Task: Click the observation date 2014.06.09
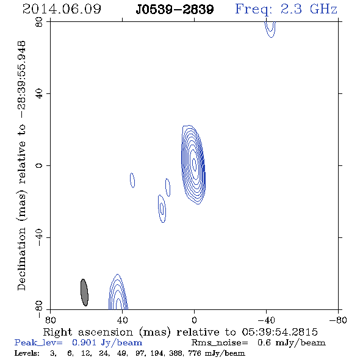click(x=62, y=9)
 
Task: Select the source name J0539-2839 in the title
click(x=175, y=10)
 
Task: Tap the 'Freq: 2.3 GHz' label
click(x=286, y=9)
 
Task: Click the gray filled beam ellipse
click(x=84, y=292)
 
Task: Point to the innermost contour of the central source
click(x=195, y=164)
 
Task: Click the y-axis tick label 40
click(x=39, y=94)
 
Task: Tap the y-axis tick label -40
click(x=39, y=237)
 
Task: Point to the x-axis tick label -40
click(x=266, y=320)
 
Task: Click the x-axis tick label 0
click(x=194, y=320)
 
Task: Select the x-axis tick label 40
click(x=122, y=320)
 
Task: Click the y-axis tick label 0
click(x=39, y=165)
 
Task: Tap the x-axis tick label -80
click(x=338, y=320)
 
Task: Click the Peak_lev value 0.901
click(x=84, y=342)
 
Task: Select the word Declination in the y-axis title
click(x=21, y=259)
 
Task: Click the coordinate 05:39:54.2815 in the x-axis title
click(x=279, y=332)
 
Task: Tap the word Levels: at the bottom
click(x=27, y=353)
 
